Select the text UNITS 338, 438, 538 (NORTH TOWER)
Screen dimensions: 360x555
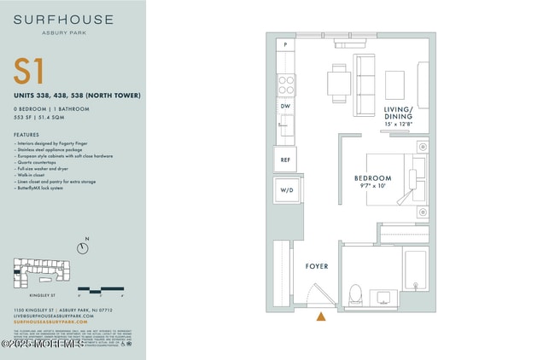click(77, 95)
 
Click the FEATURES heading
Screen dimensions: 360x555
click(26, 135)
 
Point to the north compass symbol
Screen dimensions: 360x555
click(82, 247)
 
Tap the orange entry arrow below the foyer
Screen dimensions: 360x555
click(321, 316)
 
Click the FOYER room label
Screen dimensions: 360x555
click(317, 267)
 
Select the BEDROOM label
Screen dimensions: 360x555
click(372, 178)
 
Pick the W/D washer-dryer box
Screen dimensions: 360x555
click(285, 190)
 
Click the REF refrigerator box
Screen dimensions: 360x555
click(284, 159)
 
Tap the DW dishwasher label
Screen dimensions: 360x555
click(285, 106)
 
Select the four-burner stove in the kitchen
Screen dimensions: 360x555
click(286, 84)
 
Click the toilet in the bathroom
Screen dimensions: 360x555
click(355, 294)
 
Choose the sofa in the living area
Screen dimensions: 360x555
click(365, 85)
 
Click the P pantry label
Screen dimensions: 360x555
click(284, 44)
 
